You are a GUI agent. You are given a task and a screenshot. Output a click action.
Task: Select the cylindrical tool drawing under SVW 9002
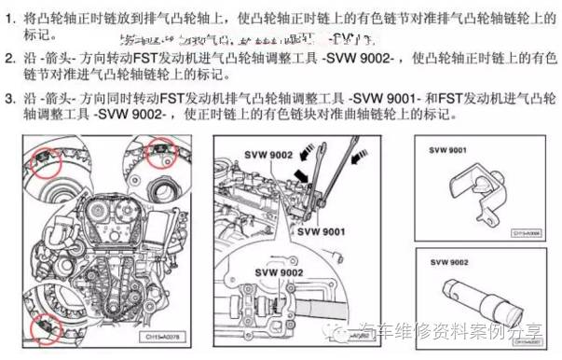484,300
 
